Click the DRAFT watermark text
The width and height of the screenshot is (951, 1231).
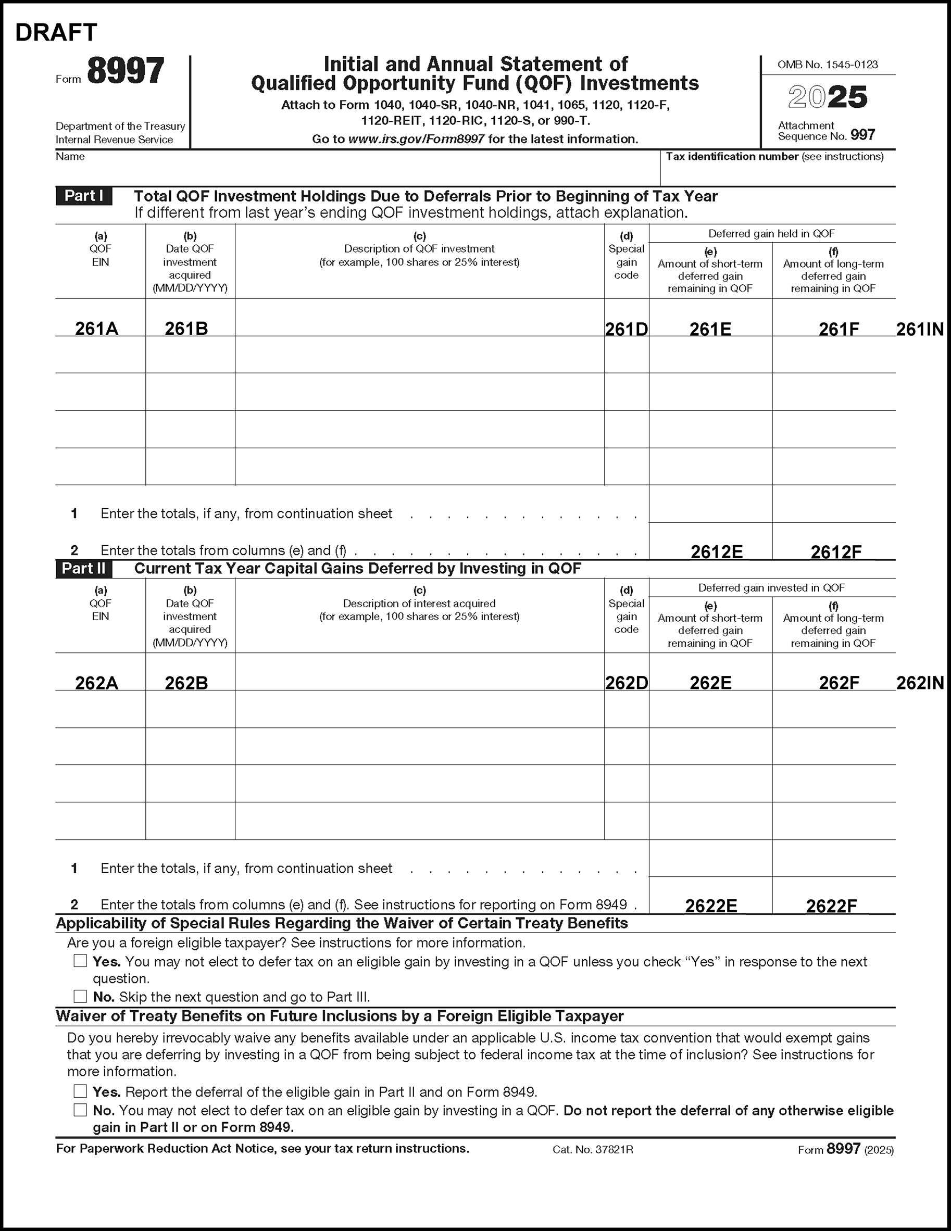pos(56,33)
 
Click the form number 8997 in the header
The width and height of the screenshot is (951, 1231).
pos(125,71)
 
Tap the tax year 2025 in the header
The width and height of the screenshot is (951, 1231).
pos(827,97)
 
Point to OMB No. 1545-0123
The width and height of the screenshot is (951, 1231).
pos(827,65)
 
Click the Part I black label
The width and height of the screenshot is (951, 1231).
pos(83,196)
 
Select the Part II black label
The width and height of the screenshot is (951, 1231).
pos(83,568)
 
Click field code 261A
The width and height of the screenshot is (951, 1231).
pos(96,329)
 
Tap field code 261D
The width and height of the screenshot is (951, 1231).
pos(627,329)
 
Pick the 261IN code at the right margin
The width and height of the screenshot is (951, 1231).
pos(919,329)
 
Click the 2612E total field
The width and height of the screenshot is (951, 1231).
pos(716,552)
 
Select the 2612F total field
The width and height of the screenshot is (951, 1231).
pos(835,552)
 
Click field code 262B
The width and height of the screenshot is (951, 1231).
pos(186,683)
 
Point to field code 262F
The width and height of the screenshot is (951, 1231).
pos(839,683)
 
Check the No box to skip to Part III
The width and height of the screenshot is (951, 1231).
pos(80,996)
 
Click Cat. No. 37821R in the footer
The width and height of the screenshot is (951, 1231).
pos(593,1149)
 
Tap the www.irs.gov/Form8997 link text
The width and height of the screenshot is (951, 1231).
pos(416,139)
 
